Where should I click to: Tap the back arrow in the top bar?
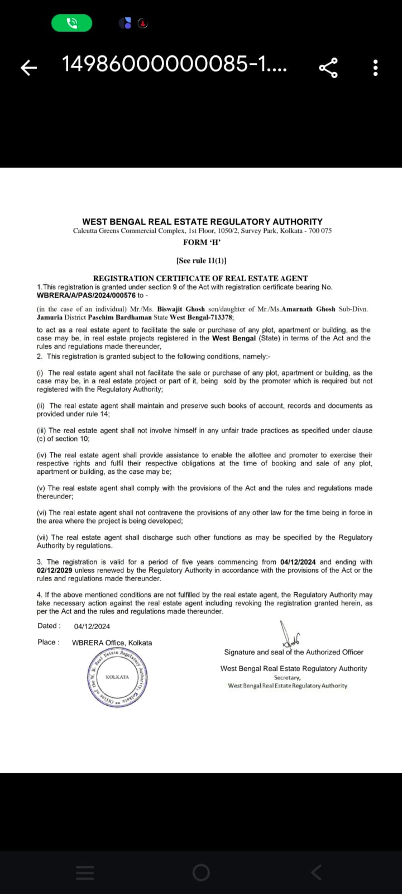click(x=28, y=68)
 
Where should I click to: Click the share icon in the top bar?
click(x=328, y=68)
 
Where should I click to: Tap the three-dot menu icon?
click(x=375, y=68)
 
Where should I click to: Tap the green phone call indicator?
click(x=71, y=23)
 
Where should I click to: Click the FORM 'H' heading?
click(x=202, y=242)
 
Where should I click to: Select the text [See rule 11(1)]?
click(x=201, y=260)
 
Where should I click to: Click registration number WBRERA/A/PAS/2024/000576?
click(x=86, y=295)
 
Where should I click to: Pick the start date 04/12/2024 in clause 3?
click(x=298, y=562)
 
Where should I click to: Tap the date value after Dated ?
click(x=92, y=626)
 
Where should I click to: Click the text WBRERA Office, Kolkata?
click(x=112, y=643)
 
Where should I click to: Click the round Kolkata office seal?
click(x=117, y=677)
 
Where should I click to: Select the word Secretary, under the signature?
click(x=287, y=678)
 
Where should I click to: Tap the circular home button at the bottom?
click(x=201, y=872)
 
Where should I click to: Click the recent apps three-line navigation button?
click(x=85, y=872)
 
